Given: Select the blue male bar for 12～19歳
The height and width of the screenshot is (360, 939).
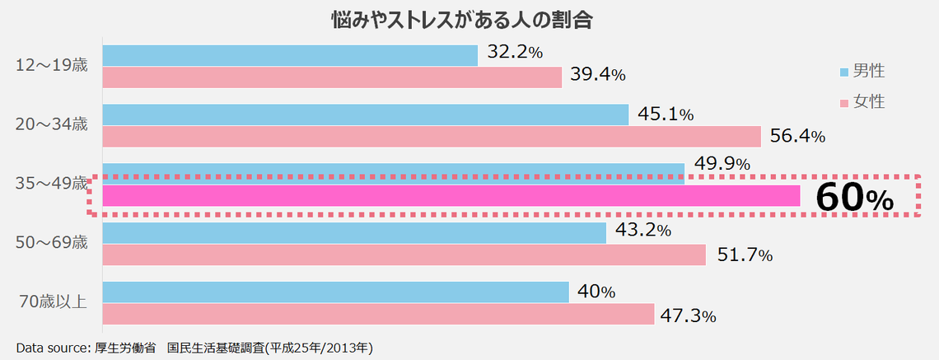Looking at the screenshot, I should click(290, 55).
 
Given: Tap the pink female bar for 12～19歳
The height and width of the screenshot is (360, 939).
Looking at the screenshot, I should click(332, 77).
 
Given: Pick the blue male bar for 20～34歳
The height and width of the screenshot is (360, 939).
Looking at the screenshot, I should click(366, 115).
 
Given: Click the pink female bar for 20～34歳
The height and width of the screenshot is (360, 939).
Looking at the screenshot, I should click(432, 137).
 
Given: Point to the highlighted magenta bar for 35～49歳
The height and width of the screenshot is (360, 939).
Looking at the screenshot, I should click(451, 196).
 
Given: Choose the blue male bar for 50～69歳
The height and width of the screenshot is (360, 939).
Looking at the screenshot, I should click(354, 233).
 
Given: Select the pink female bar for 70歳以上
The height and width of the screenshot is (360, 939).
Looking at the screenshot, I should click(378, 315).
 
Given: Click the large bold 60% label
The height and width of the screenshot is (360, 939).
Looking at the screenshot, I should click(854, 198).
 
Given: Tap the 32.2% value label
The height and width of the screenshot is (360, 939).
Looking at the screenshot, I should click(515, 52).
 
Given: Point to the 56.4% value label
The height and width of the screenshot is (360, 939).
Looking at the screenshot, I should click(797, 135).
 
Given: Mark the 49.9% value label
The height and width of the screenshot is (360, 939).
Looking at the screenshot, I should click(722, 164).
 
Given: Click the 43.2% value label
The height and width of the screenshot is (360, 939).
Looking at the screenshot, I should click(642, 231).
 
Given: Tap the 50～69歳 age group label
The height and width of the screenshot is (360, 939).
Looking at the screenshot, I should click(52, 243).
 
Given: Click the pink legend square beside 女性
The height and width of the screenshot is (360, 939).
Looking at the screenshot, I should click(843, 103).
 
